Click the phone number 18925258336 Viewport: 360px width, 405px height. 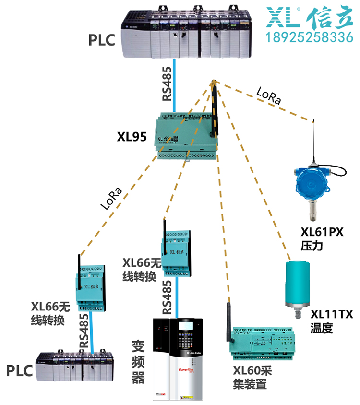[310, 37]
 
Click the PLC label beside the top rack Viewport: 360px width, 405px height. [101, 40]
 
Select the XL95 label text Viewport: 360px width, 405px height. [132, 137]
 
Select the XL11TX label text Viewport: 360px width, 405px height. [332, 315]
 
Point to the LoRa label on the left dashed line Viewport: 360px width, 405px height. [111, 198]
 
